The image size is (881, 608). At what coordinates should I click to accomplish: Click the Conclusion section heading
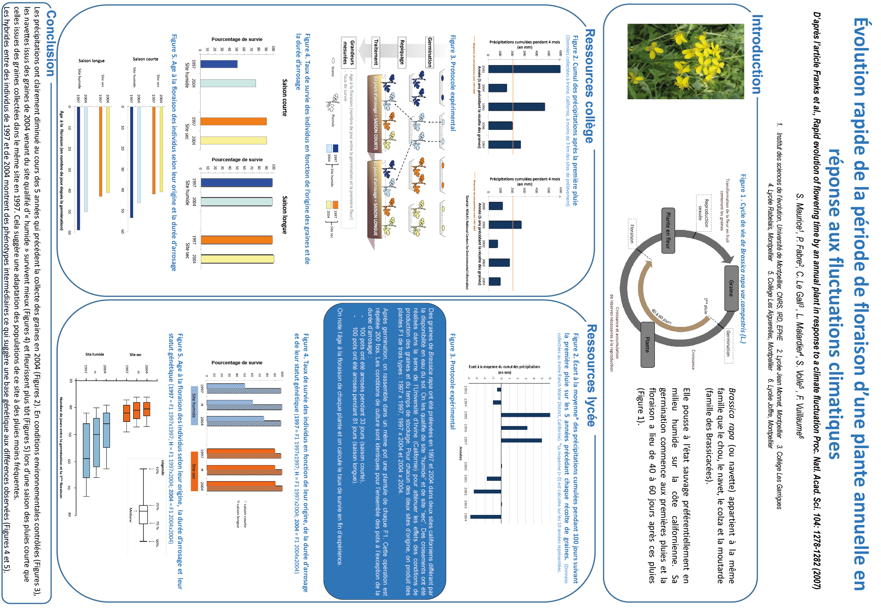[51, 43]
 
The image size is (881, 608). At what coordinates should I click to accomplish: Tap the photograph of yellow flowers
[685, 61]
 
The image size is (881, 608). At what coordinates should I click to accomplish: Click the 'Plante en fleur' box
[668, 230]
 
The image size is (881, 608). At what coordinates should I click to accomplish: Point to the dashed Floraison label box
[632, 233]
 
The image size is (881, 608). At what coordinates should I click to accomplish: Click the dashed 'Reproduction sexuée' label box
[703, 213]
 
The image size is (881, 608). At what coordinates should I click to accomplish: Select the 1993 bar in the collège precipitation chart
[524, 69]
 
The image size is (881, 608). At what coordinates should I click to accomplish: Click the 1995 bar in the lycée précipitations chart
[525, 415]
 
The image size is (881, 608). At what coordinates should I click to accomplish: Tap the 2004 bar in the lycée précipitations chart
[486, 517]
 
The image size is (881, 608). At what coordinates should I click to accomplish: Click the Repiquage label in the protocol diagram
[402, 53]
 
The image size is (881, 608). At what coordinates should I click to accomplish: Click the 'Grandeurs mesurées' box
[349, 52]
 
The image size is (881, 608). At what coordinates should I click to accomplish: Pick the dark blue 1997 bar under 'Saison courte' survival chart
[219, 64]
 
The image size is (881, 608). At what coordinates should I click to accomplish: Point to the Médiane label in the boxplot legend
[131, 515]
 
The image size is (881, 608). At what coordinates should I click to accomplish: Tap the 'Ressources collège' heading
[589, 86]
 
